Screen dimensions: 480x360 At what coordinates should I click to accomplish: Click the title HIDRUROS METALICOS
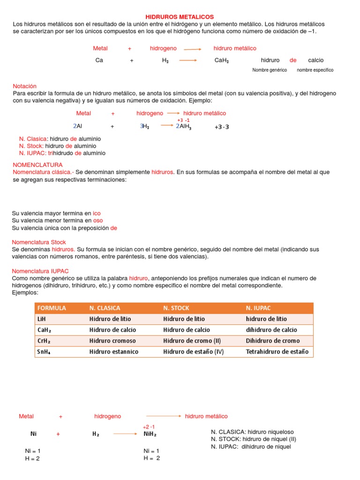coord(180,16)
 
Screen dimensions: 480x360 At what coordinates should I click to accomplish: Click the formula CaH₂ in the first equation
coord(221,60)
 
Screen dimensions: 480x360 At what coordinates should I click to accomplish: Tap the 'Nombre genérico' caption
coord(270,70)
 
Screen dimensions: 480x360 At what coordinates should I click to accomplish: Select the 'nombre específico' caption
coord(315,70)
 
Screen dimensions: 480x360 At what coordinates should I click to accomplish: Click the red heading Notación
coord(24,86)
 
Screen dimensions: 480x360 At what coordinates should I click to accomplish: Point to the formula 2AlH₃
coord(184,127)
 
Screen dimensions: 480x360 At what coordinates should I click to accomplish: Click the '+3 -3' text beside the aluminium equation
coord(222,127)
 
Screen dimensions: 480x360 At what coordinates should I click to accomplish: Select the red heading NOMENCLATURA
coord(37,165)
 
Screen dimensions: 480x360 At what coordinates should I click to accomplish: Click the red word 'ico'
coord(97,213)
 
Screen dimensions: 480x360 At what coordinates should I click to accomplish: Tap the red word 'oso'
coord(97,220)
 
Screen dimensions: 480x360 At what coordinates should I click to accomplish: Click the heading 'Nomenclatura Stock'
coord(39,242)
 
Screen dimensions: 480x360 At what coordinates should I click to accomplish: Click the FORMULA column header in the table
coord(52,308)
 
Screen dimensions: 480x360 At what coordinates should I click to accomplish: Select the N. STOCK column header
coord(176,308)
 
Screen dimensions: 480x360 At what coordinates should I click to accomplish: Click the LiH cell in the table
coord(42,319)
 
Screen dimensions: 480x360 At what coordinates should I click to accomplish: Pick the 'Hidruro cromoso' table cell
coord(112,341)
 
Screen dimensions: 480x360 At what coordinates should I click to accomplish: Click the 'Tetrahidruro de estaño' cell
coord(277,352)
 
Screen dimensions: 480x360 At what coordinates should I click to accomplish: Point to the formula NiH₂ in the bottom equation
coord(150,434)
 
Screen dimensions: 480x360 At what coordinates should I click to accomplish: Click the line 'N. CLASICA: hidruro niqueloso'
coord(252,432)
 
